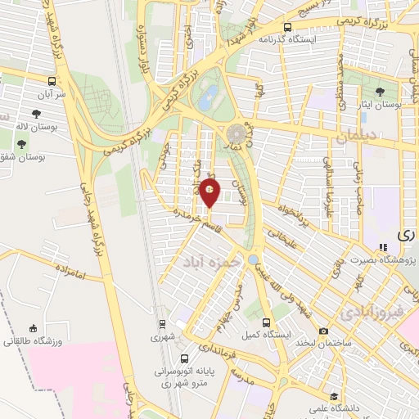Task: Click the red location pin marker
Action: [x=210, y=192]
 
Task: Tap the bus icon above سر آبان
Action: [x=52, y=82]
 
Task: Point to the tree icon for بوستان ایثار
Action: [x=378, y=92]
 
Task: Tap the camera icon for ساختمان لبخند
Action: [x=324, y=331]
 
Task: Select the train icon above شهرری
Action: [x=161, y=322]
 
